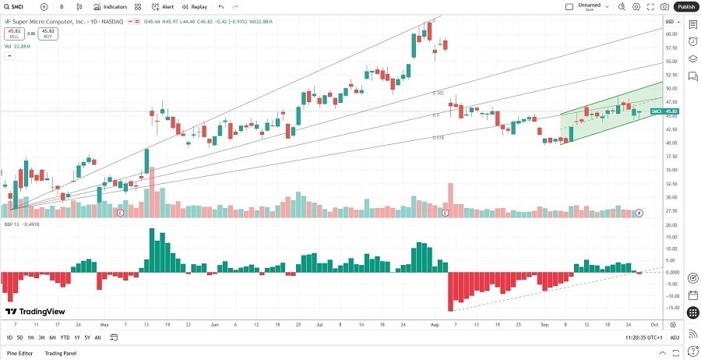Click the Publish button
coord(685,6)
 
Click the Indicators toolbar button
coord(111,6)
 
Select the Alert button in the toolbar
coord(164,6)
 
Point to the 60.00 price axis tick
coord(670,34)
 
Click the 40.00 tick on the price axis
coord(670,143)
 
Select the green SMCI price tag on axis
coord(664,111)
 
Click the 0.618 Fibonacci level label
coord(439,138)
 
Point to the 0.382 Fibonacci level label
coord(439,93)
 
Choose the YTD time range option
coord(65,337)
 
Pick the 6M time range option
coord(52,337)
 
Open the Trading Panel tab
coord(61,354)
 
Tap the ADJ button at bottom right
coord(675,337)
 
